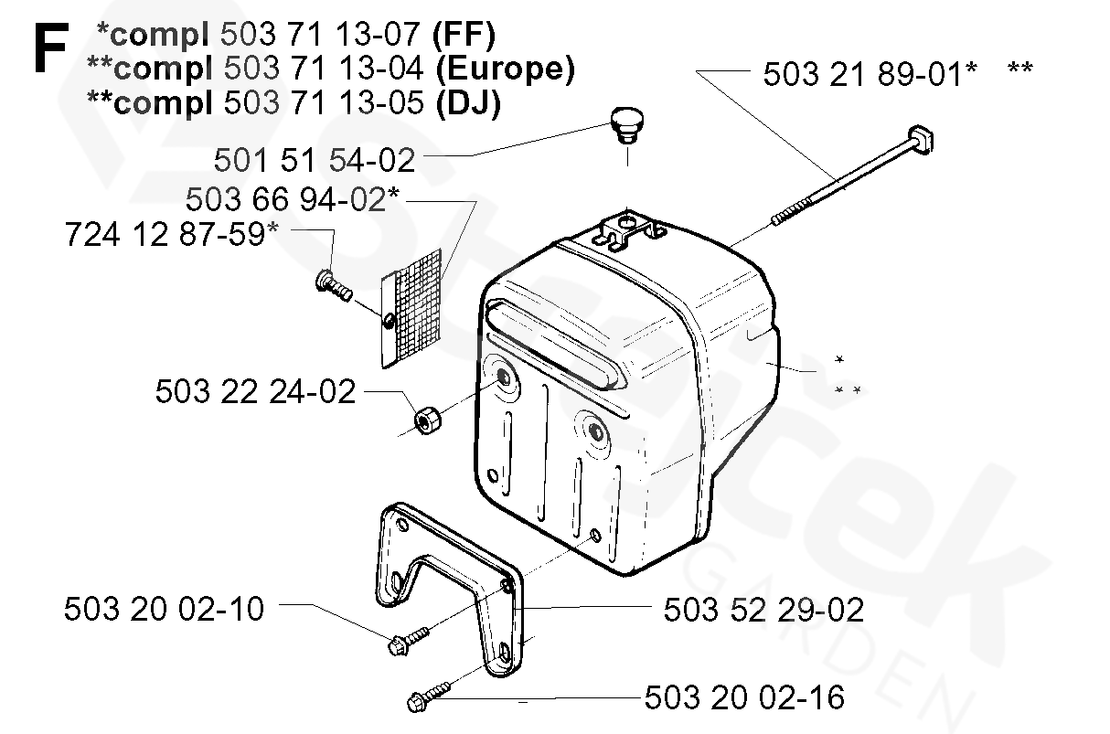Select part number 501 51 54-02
click(x=315, y=160)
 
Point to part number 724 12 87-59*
click(x=172, y=234)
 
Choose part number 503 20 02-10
click(x=164, y=608)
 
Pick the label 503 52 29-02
click(x=763, y=608)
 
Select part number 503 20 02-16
click(x=744, y=697)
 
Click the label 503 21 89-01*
click(x=870, y=73)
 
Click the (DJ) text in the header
click(x=468, y=102)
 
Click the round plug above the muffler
click(x=625, y=123)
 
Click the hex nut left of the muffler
click(x=427, y=422)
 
